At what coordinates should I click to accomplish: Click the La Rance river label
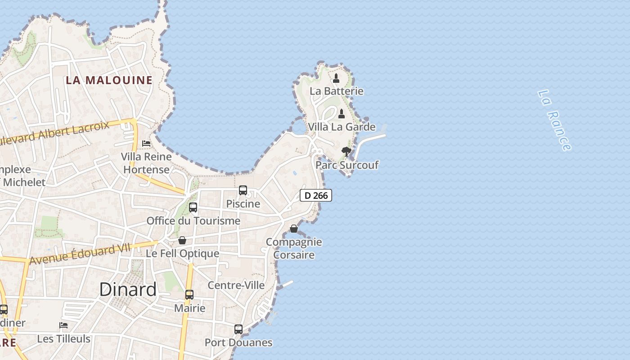pos(554,120)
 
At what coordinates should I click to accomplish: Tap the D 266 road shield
pos(316,195)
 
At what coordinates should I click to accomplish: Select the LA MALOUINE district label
pos(109,81)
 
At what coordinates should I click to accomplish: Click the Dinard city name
pos(128,289)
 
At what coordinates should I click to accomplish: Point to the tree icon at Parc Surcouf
pos(346,152)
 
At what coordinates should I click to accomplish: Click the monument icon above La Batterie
pos(336,79)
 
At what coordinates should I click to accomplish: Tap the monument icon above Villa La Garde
pos(342,114)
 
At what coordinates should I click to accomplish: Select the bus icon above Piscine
pos(243,190)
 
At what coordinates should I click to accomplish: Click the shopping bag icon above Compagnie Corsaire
pos(294,229)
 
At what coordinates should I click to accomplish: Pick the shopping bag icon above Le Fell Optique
pos(182,240)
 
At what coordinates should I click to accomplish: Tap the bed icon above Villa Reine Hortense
pos(146,144)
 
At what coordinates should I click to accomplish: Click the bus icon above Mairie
pos(189,295)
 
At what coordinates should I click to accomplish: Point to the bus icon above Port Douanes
pos(238,329)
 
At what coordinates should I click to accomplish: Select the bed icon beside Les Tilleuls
pos(63,325)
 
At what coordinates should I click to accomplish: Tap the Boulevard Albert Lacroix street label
pos(54,133)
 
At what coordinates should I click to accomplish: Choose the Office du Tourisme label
pos(193,221)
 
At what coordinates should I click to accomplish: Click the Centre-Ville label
pos(236,285)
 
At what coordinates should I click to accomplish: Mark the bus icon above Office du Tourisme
pos(193,207)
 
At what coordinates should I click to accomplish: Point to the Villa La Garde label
pos(342,127)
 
